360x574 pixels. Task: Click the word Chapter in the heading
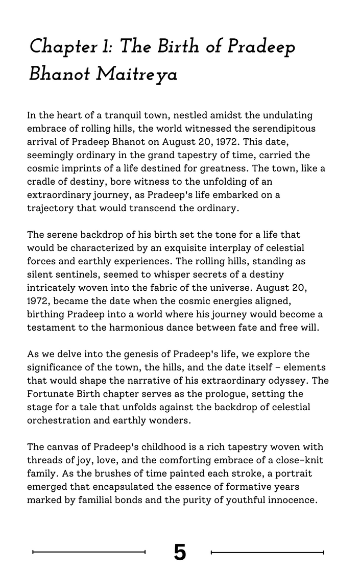click(56, 47)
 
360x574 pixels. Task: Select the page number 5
click(180, 552)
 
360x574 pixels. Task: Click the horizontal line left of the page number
click(89, 552)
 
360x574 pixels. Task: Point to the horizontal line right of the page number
click(267, 552)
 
